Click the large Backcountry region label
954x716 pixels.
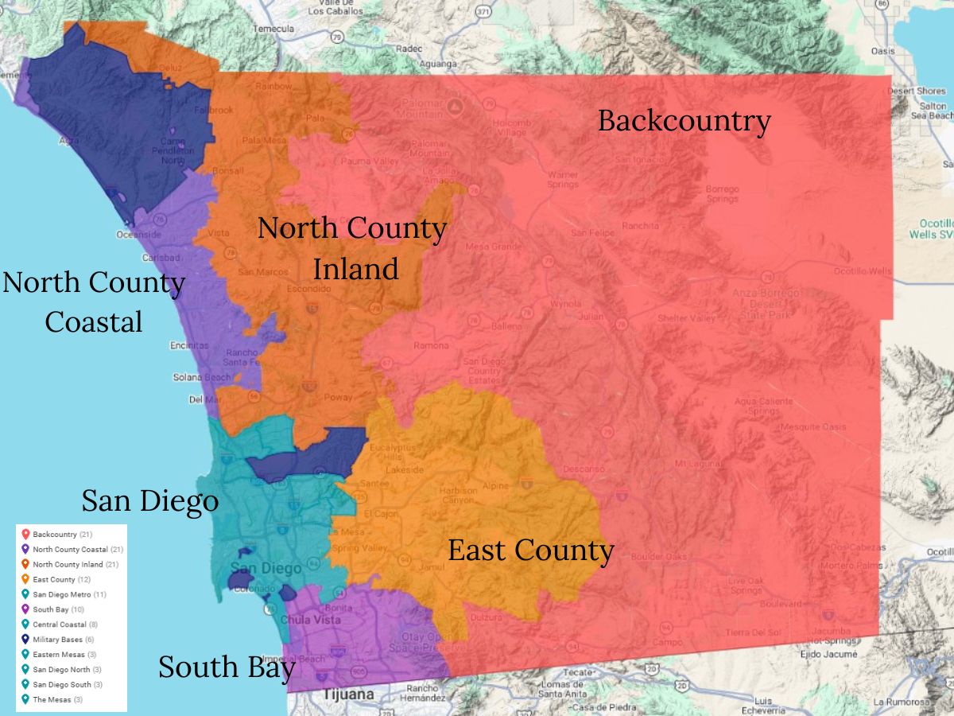[x=684, y=121]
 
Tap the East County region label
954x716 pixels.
[x=530, y=551]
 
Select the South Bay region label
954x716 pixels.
[x=227, y=667]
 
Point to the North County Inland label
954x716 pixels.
[x=352, y=248]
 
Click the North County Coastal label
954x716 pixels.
[x=94, y=302]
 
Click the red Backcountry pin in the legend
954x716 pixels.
[x=25, y=534]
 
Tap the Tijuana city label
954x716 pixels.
[x=348, y=695]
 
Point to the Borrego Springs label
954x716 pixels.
[x=722, y=194]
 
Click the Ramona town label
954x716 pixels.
[x=430, y=345]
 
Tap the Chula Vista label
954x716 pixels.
[x=310, y=620]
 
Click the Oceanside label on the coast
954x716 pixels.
[x=138, y=235]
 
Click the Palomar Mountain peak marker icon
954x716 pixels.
[x=455, y=106]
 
